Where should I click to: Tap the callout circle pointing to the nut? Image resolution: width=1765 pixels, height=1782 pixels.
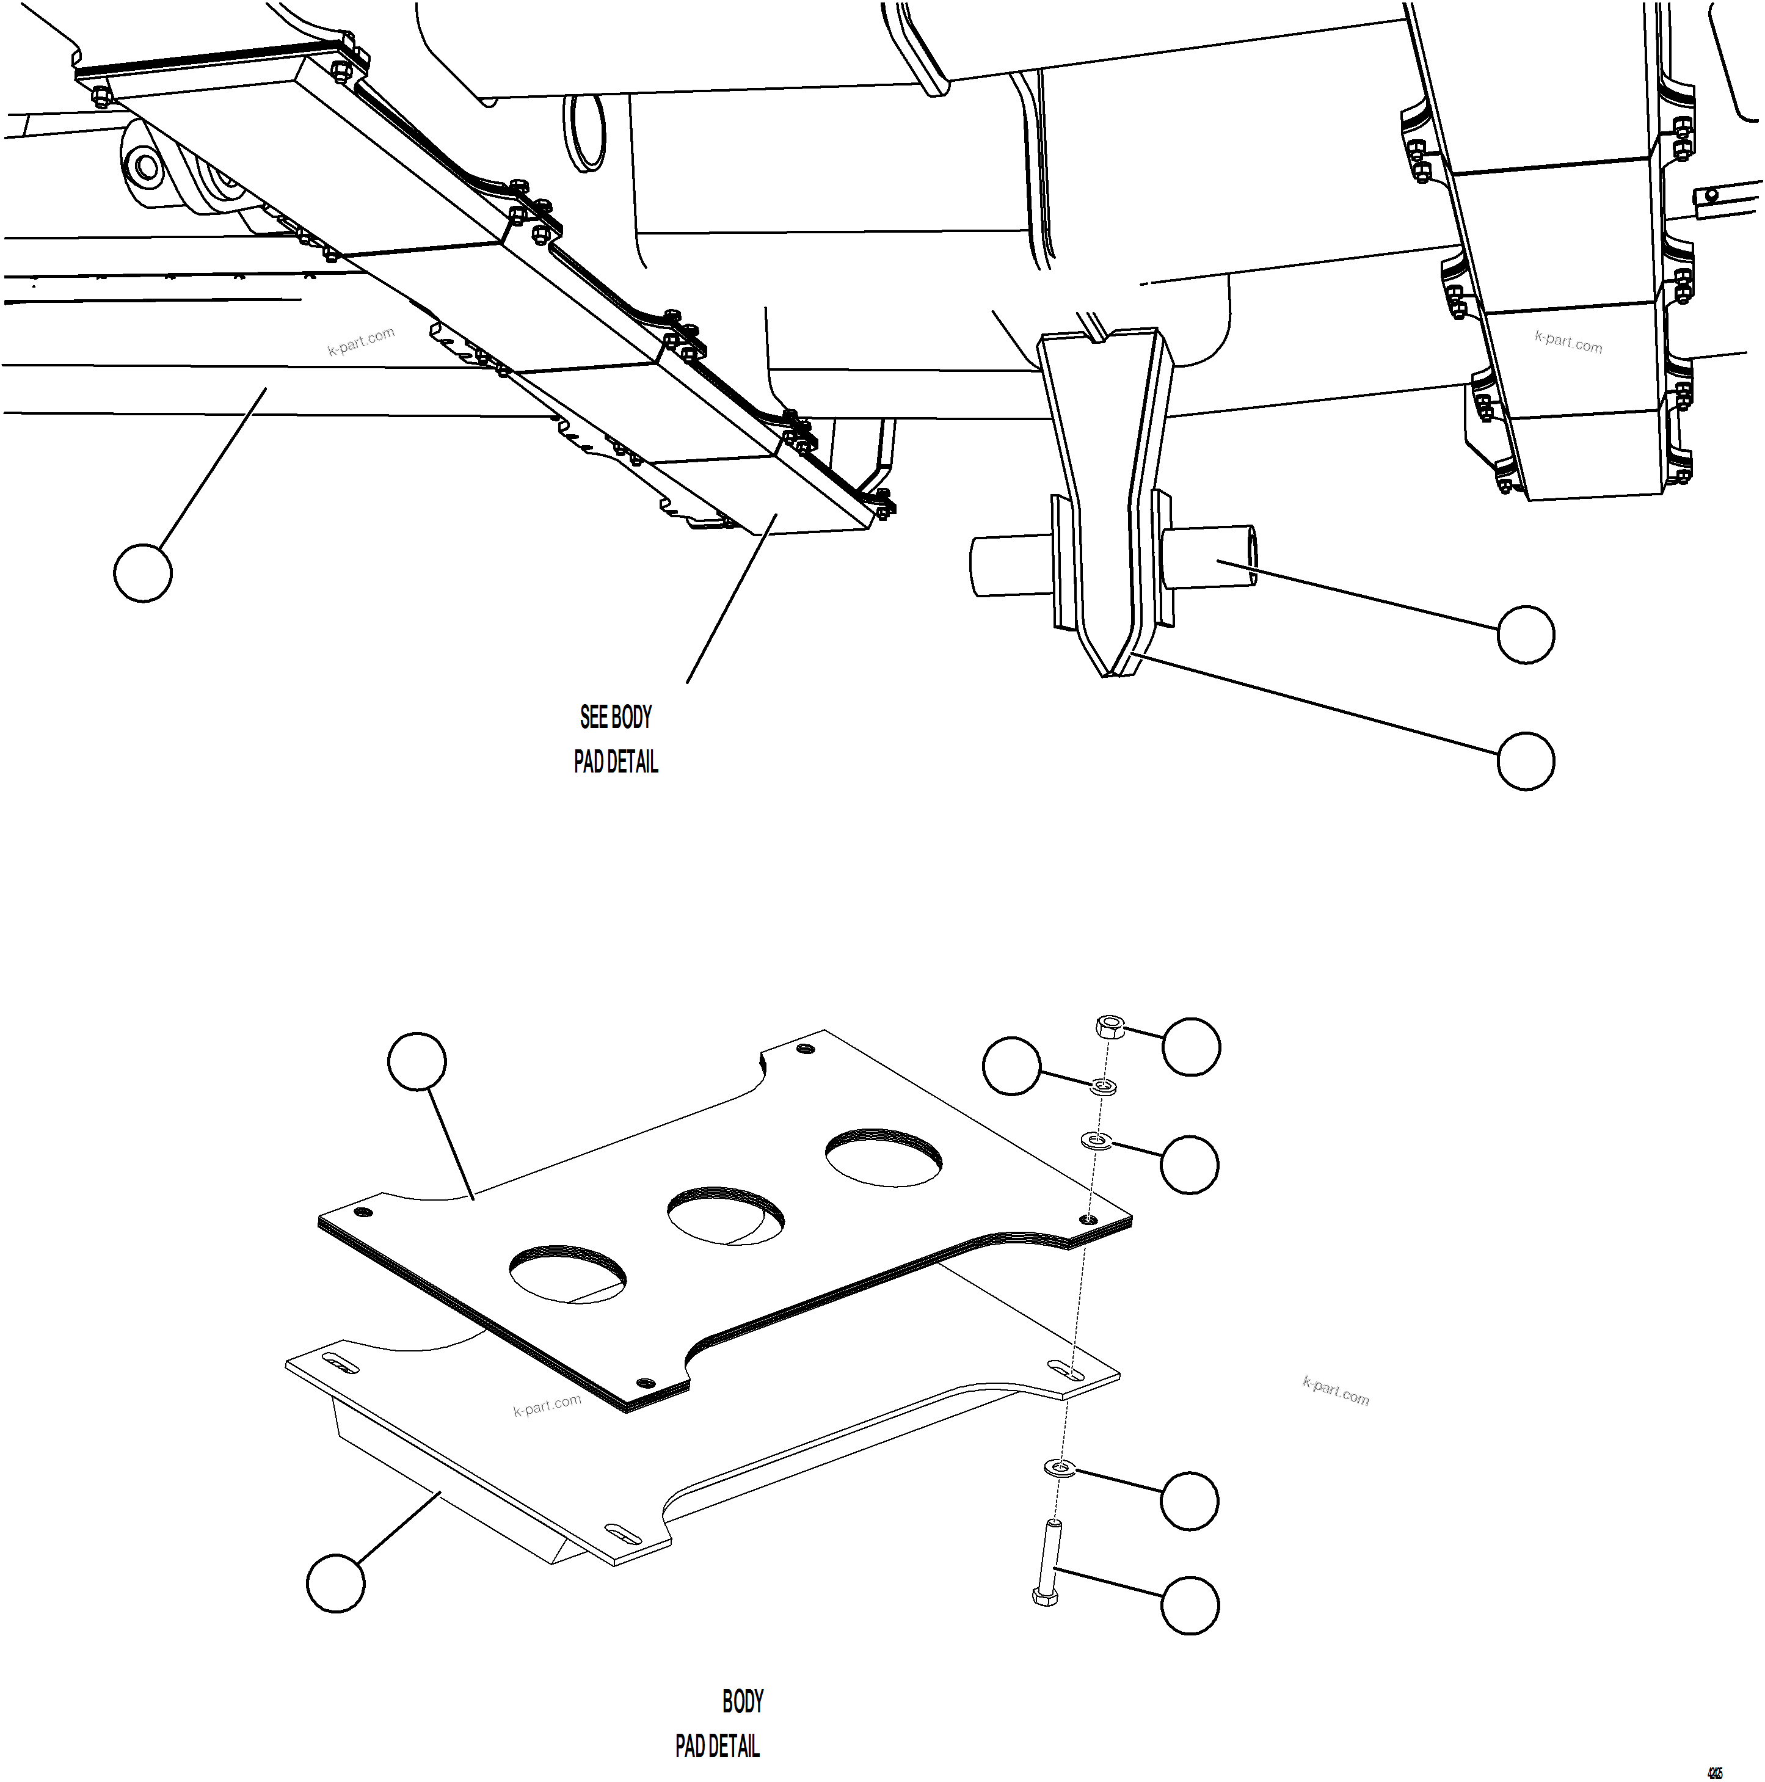tap(1190, 1046)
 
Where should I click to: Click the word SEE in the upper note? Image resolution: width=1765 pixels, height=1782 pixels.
tap(593, 718)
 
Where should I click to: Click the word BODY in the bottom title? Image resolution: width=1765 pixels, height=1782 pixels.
tap(743, 1702)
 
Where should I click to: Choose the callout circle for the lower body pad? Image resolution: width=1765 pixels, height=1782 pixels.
tap(336, 1584)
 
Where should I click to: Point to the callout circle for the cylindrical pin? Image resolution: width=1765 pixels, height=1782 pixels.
tap(1525, 634)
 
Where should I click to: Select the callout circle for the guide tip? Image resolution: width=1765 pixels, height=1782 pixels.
tap(1525, 760)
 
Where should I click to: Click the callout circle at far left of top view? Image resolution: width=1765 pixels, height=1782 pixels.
tap(143, 573)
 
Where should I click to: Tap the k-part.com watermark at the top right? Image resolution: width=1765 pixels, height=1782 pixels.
tap(1568, 342)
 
